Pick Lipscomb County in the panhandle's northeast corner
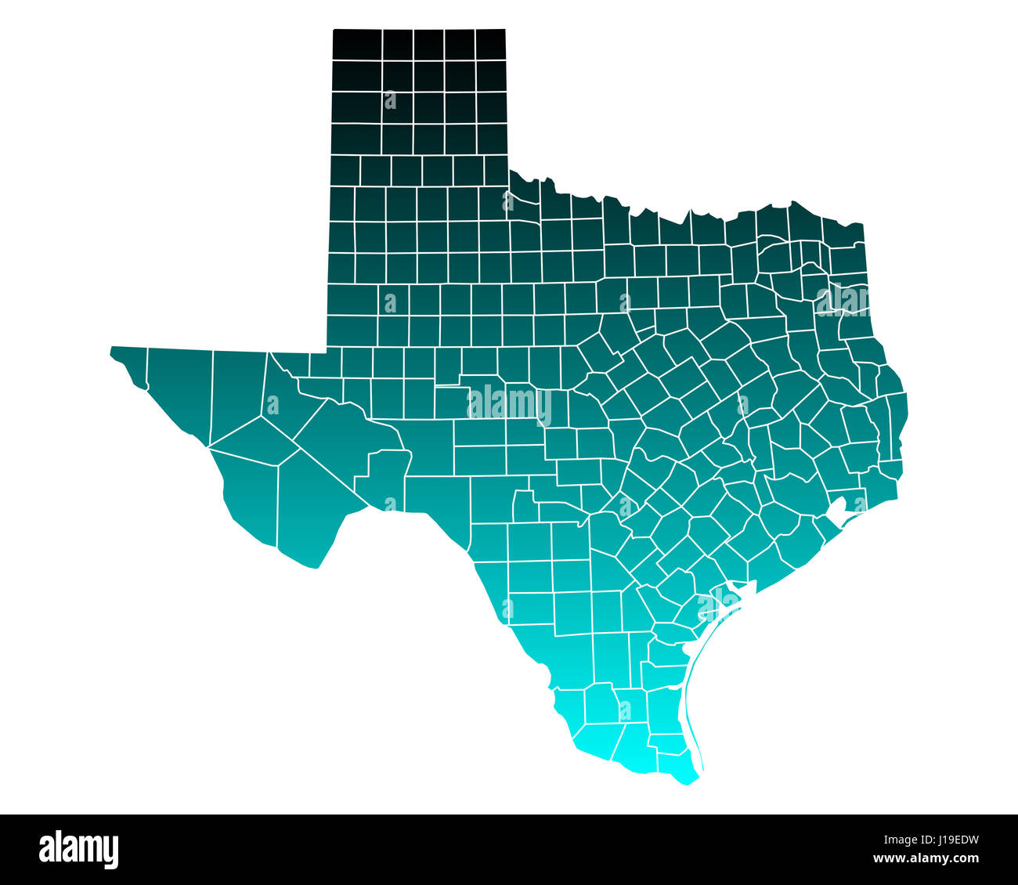click(x=491, y=45)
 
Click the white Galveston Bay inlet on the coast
click(x=838, y=509)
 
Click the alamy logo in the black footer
click(x=79, y=849)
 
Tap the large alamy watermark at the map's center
click(x=509, y=405)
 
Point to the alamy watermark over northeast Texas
click(x=843, y=300)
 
